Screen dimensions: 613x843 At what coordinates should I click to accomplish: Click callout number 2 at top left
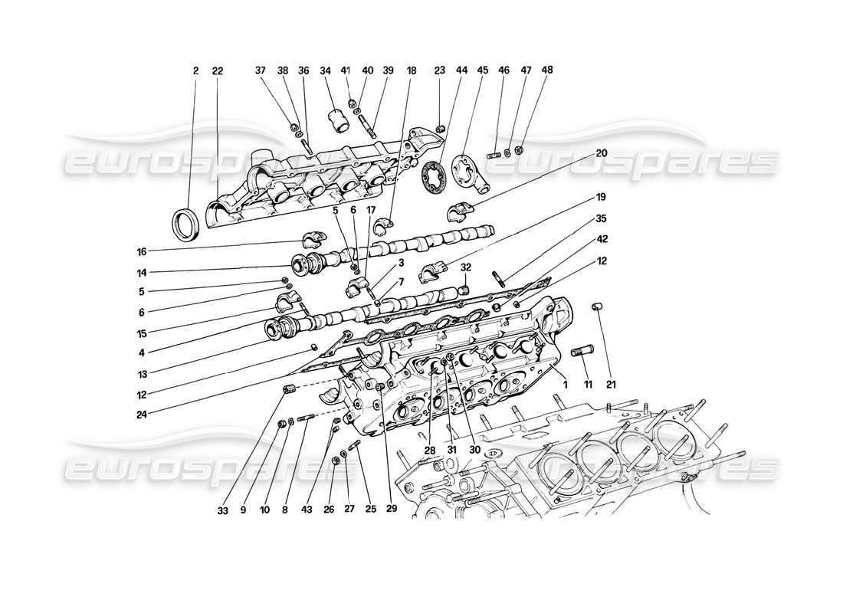[x=195, y=70]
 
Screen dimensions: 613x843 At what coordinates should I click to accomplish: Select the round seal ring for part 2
[x=186, y=223]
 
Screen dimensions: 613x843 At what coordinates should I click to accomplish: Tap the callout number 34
[x=326, y=70]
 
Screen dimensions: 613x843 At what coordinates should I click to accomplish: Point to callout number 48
[x=526, y=70]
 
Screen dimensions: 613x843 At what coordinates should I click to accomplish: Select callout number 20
[x=602, y=153]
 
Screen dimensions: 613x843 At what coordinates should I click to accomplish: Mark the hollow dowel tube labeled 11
[x=585, y=356]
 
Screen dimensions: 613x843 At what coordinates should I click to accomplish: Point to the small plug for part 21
[x=596, y=308]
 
